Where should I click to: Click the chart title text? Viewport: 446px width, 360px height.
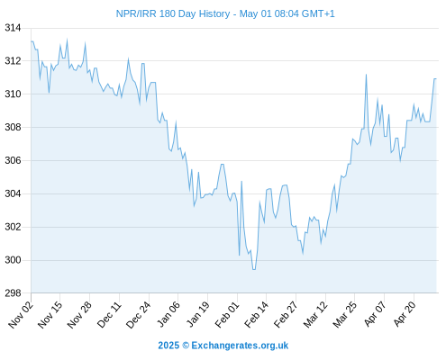(225, 13)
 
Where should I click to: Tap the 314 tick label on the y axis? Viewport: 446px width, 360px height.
(13, 28)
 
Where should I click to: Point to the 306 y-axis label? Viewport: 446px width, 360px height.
(13, 161)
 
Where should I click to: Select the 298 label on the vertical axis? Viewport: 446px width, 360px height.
(13, 293)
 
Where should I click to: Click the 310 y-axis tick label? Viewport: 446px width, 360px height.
(13, 94)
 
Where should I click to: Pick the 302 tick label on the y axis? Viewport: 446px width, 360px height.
(13, 227)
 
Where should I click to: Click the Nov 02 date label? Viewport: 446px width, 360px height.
(20, 314)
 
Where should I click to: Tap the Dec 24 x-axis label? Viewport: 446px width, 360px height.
(138, 314)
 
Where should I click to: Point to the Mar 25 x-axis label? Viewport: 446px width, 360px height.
(344, 314)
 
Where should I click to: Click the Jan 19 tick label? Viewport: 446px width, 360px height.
(197, 314)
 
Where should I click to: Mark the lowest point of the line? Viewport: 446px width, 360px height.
(254, 269)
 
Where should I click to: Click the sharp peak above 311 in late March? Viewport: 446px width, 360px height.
(366, 75)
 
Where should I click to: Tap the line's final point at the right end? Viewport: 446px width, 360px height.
(436, 78)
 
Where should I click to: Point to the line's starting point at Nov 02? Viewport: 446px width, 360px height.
(32, 41)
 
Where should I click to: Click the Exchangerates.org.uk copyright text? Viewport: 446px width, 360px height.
(223, 346)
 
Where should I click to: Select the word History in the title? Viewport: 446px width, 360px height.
(214, 13)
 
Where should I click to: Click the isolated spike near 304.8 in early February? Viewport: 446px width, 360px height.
(241, 181)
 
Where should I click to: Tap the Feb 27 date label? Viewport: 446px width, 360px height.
(286, 314)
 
